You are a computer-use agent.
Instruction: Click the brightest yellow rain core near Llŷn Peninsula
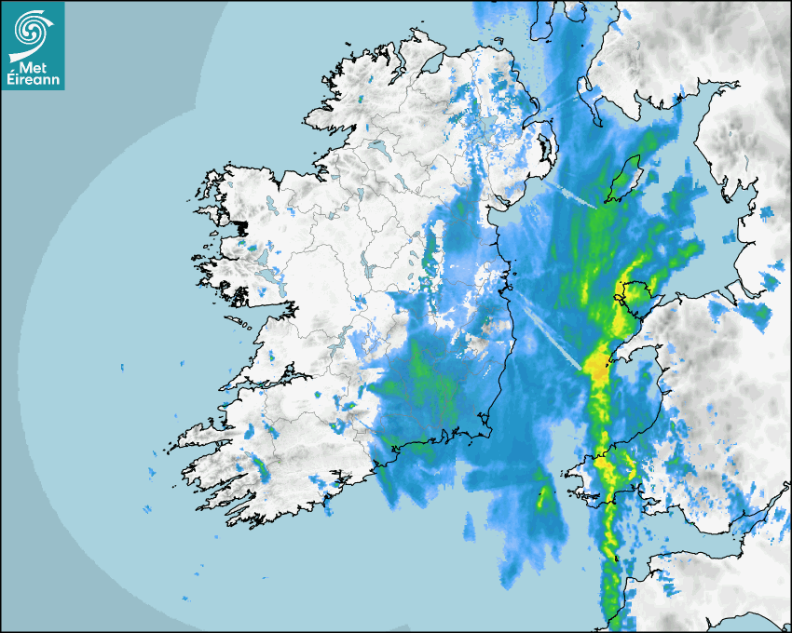click(x=594, y=363)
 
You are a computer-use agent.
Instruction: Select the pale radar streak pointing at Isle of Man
click(x=573, y=195)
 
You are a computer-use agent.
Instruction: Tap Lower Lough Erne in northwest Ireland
click(x=382, y=149)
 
